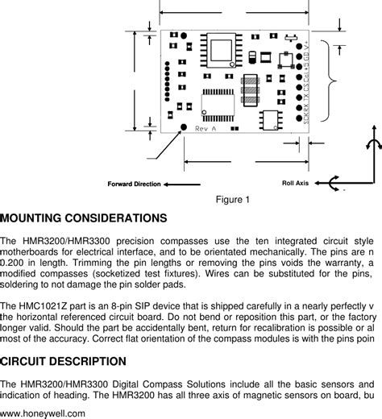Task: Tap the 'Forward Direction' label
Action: (x=134, y=184)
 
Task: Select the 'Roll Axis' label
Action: (x=295, y=184)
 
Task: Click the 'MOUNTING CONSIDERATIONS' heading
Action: (x=84, y=218)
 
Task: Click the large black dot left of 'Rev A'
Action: (x=184, y=127)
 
